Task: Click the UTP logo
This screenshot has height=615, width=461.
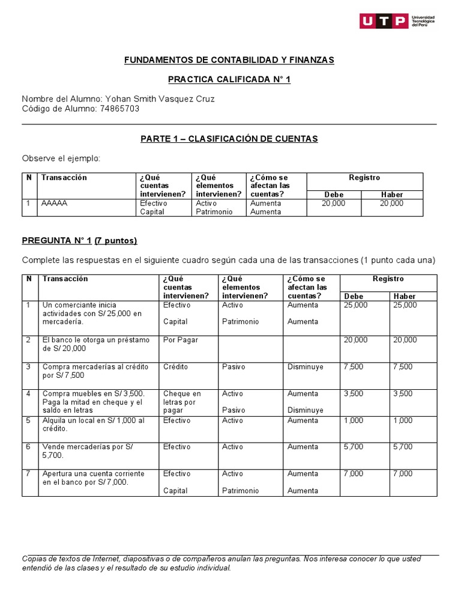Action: pos(397,21)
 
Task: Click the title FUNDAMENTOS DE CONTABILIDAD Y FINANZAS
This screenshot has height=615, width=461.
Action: pos(229,60)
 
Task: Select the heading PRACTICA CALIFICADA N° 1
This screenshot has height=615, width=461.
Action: pos(229,79)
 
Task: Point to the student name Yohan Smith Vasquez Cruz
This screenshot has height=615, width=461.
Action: pos(160,99)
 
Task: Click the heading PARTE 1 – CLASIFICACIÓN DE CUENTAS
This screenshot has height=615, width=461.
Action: pos(229,139)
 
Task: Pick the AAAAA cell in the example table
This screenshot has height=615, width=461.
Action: pos(55,204)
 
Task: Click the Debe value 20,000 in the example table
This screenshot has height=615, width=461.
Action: pos(333,204)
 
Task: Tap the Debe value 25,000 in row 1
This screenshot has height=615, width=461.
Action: pos(355,305)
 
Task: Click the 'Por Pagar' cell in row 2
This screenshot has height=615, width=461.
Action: pos(180,340)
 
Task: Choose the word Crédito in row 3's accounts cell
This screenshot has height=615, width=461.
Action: pos(175,366)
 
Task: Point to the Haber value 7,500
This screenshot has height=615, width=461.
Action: pos(402,366)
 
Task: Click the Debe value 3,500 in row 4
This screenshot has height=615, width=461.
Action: pos(353,394)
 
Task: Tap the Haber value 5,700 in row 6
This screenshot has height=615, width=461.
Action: pos(402,447)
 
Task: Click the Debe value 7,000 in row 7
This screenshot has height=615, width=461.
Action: pos(353,474)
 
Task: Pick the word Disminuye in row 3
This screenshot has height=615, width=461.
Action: pos(306,366)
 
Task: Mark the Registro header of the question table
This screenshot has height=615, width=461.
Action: pos(388,279)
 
